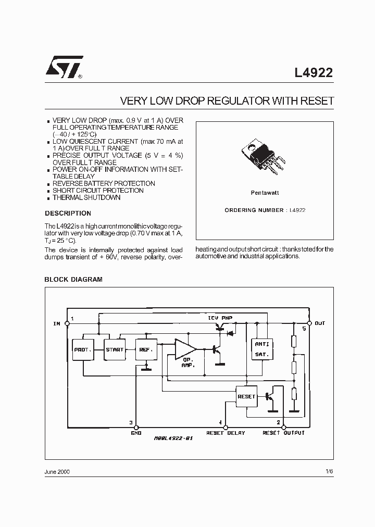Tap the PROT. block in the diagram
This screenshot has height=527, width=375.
(x=83, y=349)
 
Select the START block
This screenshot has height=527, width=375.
(x=115, y=349)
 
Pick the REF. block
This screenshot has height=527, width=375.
(x=146, y=349)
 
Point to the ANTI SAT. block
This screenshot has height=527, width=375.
(x=261, y=349)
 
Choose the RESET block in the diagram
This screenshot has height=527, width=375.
(x=246, y=396)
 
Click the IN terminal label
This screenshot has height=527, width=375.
(x=57, y=323)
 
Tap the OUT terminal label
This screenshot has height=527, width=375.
(x=320, y=323)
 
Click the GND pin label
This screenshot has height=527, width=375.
(x=136, y=433)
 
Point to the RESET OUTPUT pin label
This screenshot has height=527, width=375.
(x=283, y=433)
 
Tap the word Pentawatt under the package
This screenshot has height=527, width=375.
(x=265, y=193)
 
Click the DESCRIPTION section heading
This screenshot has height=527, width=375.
(x=68, y=214)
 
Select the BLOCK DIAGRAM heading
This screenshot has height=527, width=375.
(x=73, y=280)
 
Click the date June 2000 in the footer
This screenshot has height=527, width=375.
(x=57, y=471)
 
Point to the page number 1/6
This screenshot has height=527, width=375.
(x=329, y=471)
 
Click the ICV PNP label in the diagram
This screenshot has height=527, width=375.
(x=219, y=317)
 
